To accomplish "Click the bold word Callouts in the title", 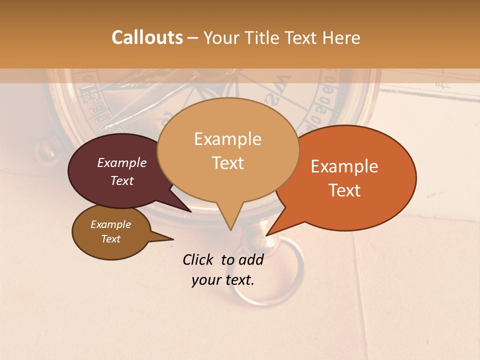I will pyautogui.click(x=147, y=37).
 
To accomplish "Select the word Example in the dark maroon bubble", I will pyautogui.click(x=122, y=162).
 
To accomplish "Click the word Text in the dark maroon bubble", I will pyautogui.click(x=122, y=180).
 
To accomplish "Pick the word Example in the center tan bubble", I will pyautogui.click(x=227, y=139).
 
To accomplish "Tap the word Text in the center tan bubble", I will pyautogui.click(x=227, y=163).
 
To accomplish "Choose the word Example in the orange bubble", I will pyautogui.click(x=344, y=166).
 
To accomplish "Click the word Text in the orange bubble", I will pyautogui.click(x=344, y=190).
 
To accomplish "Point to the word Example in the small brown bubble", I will pyautogui.click(x=110, y=224).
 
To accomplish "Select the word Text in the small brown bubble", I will pyautogui.click(x=110, y=239).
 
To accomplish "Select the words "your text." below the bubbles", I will pyautogui.click(x=222, y=280).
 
